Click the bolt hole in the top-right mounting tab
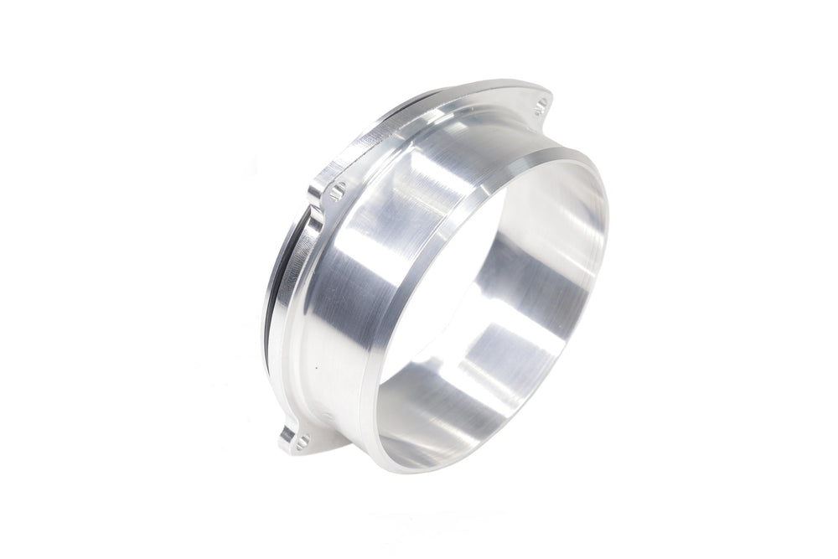coord(541,103)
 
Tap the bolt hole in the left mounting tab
coord(338,190)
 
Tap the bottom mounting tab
coord(300,437)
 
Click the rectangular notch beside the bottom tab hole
coord(287,434)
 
